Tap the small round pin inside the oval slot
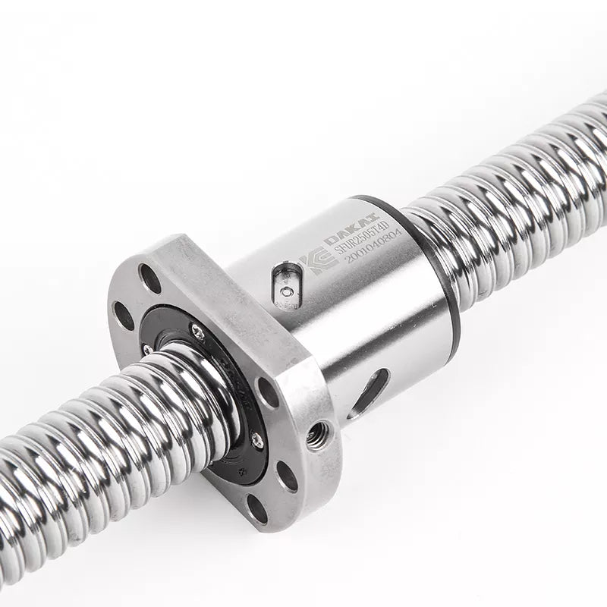(x=286, y=291)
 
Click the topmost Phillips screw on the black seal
(x=197, y=329)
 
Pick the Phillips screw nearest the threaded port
(x=256, y=438)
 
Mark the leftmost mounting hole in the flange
(x=122, y=314)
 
